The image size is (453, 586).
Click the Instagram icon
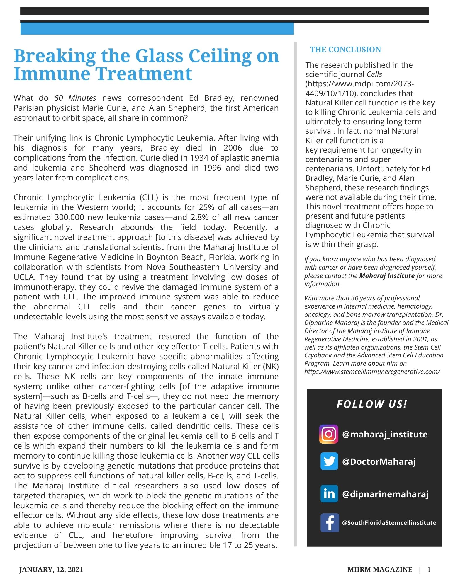329,434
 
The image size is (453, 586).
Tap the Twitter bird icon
329,461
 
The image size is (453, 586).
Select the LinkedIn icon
329,494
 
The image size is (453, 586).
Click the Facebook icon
330,523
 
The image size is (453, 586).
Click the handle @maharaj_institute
385,434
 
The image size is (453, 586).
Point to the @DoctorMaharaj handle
379,462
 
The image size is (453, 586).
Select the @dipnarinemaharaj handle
385,494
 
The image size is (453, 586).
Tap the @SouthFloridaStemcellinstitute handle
389,523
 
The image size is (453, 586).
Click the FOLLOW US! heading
372,404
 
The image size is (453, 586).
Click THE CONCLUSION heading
345,50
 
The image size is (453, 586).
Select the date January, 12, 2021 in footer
51,570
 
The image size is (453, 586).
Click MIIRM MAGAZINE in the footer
380,570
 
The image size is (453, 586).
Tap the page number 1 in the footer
429,570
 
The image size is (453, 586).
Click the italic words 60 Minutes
75,98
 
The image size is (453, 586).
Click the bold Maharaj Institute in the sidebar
387,276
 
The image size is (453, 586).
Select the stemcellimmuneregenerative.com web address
372,372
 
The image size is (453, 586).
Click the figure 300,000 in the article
69,217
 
